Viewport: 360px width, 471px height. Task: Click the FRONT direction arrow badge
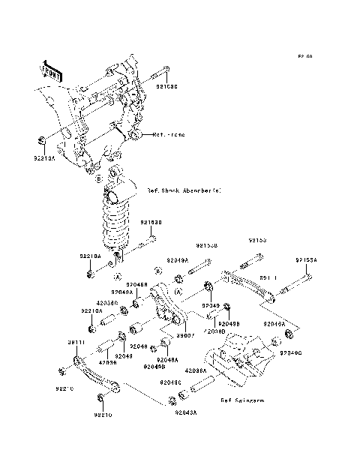[50, 70]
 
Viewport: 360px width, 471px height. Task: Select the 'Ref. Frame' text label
[168, 136]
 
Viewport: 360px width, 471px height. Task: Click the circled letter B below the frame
[99, 178]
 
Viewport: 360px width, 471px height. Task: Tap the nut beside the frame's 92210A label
[42, 139]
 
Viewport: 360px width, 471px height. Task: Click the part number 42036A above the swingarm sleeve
[196, 370]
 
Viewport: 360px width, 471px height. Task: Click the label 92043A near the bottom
[185, 412]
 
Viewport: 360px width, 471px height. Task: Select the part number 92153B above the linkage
[207, 244]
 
